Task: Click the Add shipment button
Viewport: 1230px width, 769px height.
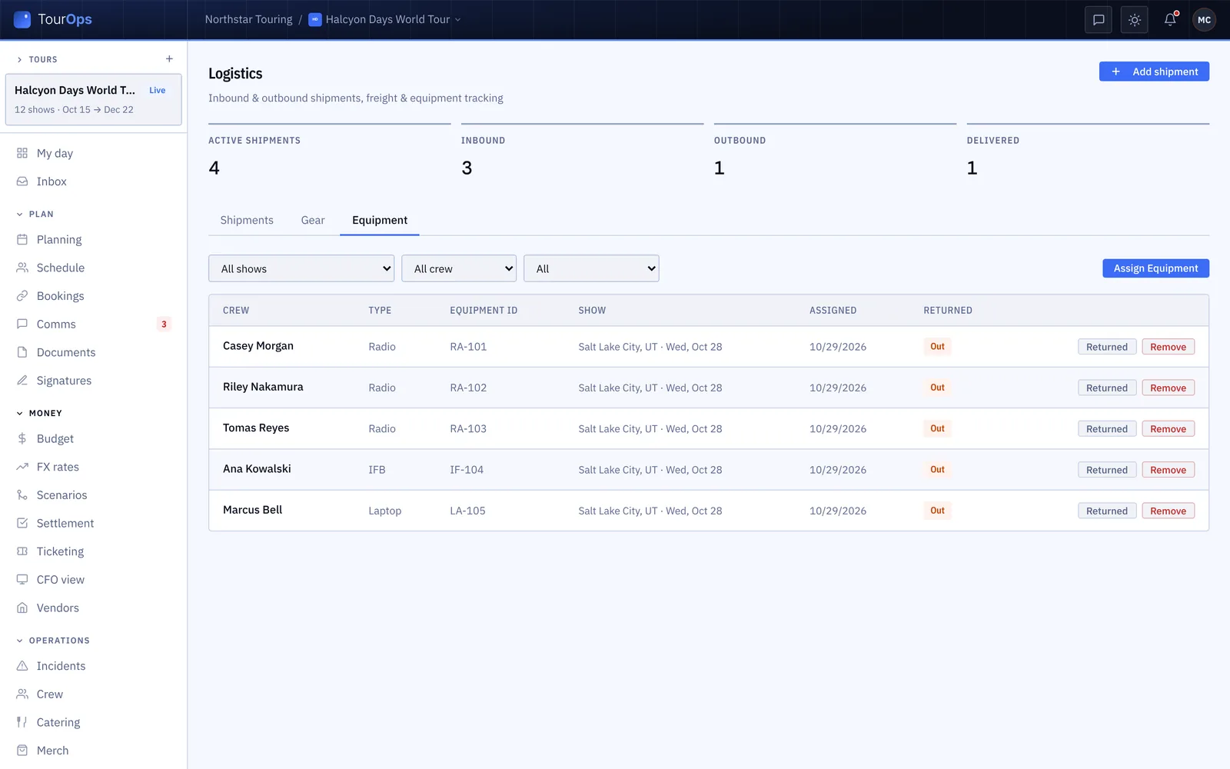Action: [x=1154, y=72]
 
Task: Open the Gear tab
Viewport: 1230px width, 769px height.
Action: [x=312, y=220]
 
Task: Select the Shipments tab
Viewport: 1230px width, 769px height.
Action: [x=247, y=220]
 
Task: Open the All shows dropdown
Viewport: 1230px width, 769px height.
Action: [x=301, y=268]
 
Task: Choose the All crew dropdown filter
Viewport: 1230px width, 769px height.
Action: [x=458, y=268]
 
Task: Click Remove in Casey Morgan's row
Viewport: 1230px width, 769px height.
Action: [x=1168, y=347]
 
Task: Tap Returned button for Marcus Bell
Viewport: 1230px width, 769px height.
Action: [x=1106, y=511]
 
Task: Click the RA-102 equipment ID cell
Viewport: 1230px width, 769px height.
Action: [x=468, y=388]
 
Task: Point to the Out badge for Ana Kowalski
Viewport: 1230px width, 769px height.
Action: [x=937, y=470]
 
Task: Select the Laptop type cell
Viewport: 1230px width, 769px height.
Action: [x=385, y=511]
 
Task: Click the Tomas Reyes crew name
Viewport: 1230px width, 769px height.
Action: [x=256, y=428]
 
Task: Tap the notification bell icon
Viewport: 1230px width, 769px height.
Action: [x=1169, y=20]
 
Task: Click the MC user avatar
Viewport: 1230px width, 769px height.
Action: [x=1204, y=20]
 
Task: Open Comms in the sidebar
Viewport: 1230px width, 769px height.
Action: [x=56, y=324]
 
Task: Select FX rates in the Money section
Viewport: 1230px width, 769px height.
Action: [x=58, y=466]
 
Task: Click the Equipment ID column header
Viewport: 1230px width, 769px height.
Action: [x=484, y=311]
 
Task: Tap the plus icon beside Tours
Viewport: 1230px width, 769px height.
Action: [x=169, y=58]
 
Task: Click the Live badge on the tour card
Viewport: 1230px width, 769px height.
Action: [x=157, y=90]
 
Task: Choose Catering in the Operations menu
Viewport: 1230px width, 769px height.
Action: [x=58, y=722]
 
